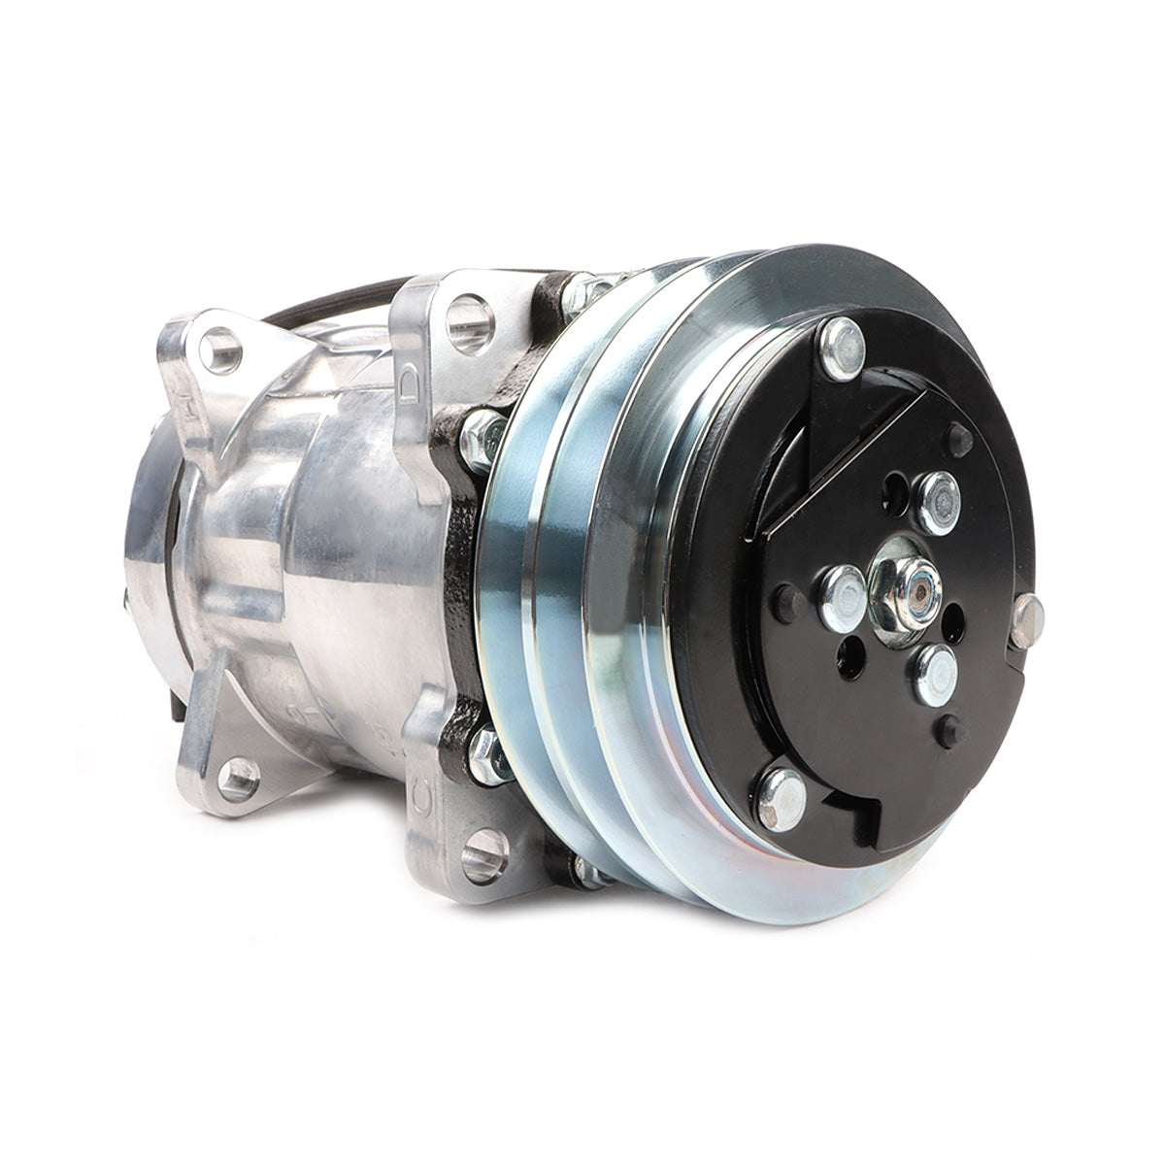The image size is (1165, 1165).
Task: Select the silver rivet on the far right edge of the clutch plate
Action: [1026, 621]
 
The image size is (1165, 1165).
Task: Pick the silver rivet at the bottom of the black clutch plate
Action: [782, 798]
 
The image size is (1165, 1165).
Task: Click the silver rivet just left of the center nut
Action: [842, 598]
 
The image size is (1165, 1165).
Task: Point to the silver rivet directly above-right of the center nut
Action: [938, 502]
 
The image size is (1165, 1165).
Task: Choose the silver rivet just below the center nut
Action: [934, 674]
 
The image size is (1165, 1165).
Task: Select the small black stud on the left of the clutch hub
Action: [787, 604]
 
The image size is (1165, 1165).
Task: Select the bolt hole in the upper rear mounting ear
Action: [219, 349]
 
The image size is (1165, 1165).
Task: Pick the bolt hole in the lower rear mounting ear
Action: [238, 777]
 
